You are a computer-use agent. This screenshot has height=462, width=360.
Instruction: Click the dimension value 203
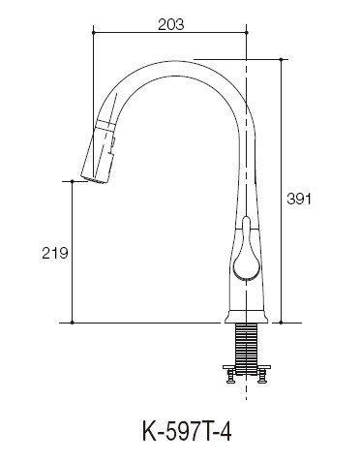[x=171, y=24]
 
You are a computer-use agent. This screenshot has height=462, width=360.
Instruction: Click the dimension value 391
[x=299, y=199]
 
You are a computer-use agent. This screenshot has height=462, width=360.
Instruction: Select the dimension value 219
[x=55, y=253]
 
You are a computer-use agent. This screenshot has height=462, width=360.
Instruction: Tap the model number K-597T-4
[x=187, y=432]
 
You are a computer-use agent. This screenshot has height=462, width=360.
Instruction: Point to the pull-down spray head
[x=99, y=153]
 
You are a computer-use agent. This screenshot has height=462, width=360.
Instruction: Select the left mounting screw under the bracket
[x=231, y=377]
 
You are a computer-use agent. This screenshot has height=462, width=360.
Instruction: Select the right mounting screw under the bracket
[x=262, y=377]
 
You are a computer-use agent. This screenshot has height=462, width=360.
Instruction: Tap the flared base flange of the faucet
[x=247, y=317]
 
